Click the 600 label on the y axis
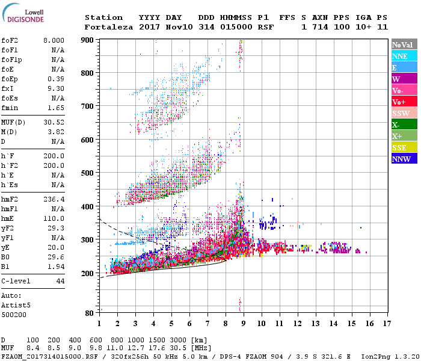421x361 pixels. click(x=88, y=140)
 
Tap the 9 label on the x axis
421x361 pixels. click(x=244, y=324)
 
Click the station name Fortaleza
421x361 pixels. click(x=109, y=27)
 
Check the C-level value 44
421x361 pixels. click(x=61, y=281)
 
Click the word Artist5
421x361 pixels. click(x=14, y=305)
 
